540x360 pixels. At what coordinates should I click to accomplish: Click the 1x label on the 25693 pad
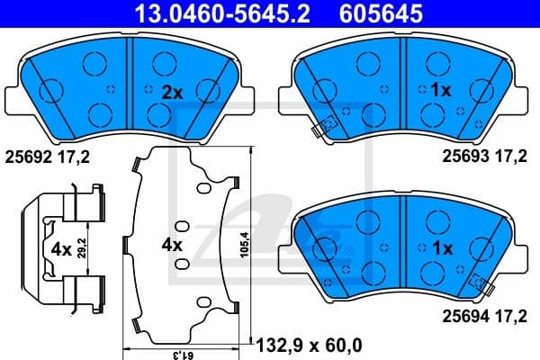tap(441, 91)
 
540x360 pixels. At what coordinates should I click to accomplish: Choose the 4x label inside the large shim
tap(170, 244)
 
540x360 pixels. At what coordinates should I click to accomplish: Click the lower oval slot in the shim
tap(180, 264)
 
